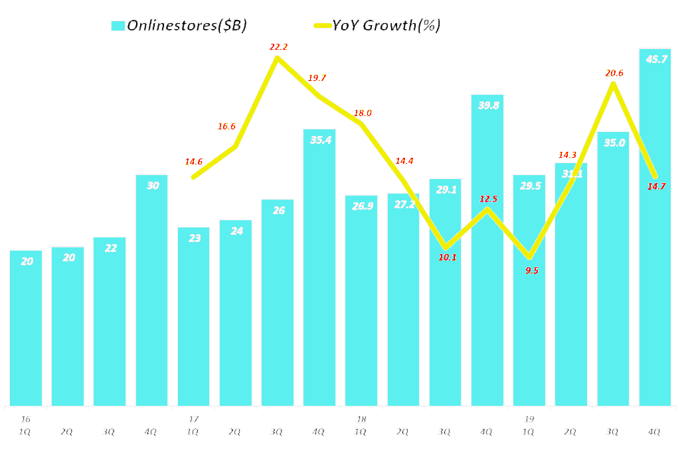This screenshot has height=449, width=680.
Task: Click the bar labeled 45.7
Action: click(655, 225)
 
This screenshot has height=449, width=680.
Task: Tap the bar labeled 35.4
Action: click(319, 265)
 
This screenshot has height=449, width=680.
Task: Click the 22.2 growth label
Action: click(278, 47)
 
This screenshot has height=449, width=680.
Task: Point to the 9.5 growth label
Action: click(531, 271)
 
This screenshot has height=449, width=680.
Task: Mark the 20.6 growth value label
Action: click(614, 73)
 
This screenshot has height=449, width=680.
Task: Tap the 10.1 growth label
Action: click(448, 257)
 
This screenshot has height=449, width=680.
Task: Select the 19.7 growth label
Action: click(317, 78)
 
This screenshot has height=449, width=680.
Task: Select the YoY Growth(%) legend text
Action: click(387, 26)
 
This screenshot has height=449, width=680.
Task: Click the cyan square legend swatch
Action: click(118, 26)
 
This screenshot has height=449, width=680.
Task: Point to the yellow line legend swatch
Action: click(323, 26)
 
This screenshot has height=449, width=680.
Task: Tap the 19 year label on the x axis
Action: click(529, 419)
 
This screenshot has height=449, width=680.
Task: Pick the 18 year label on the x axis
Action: click(361, 419)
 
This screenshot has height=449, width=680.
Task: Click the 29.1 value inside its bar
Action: click(445, 189)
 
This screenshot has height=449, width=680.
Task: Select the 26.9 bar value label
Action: click(361, 206)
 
